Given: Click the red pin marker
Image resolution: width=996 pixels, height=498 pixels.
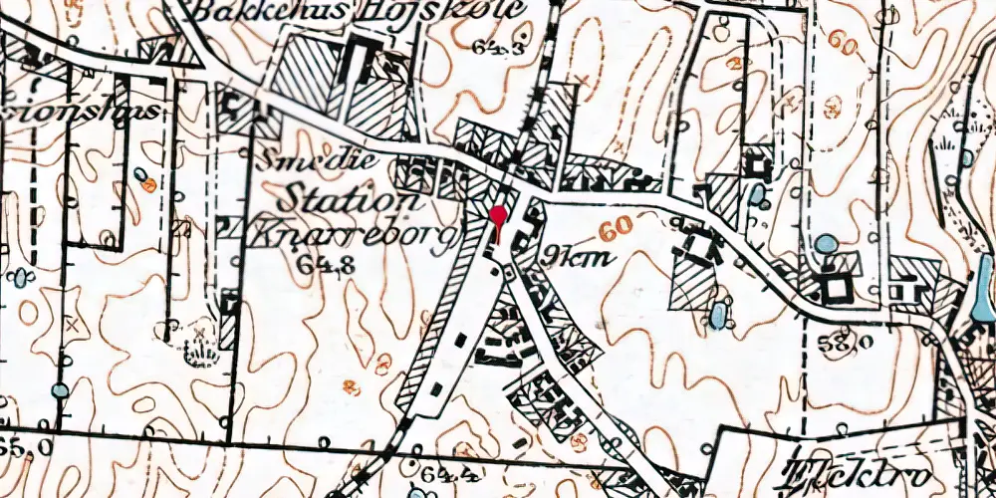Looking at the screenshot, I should pos(498,216).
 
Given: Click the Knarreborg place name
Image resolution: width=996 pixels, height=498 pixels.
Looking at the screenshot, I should pos(354,235).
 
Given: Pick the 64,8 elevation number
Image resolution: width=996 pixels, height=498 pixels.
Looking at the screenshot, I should pos(319,264).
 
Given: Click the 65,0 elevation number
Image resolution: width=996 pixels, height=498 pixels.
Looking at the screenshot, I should pos(22,446).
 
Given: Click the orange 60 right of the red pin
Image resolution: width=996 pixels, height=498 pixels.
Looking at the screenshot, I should pos(615,227).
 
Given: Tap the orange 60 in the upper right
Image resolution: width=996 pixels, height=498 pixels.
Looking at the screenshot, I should pos(844,46).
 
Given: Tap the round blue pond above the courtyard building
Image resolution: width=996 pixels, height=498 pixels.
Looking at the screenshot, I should pos(826,242).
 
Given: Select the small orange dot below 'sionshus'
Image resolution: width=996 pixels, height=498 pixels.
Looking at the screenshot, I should pos(148,183).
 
